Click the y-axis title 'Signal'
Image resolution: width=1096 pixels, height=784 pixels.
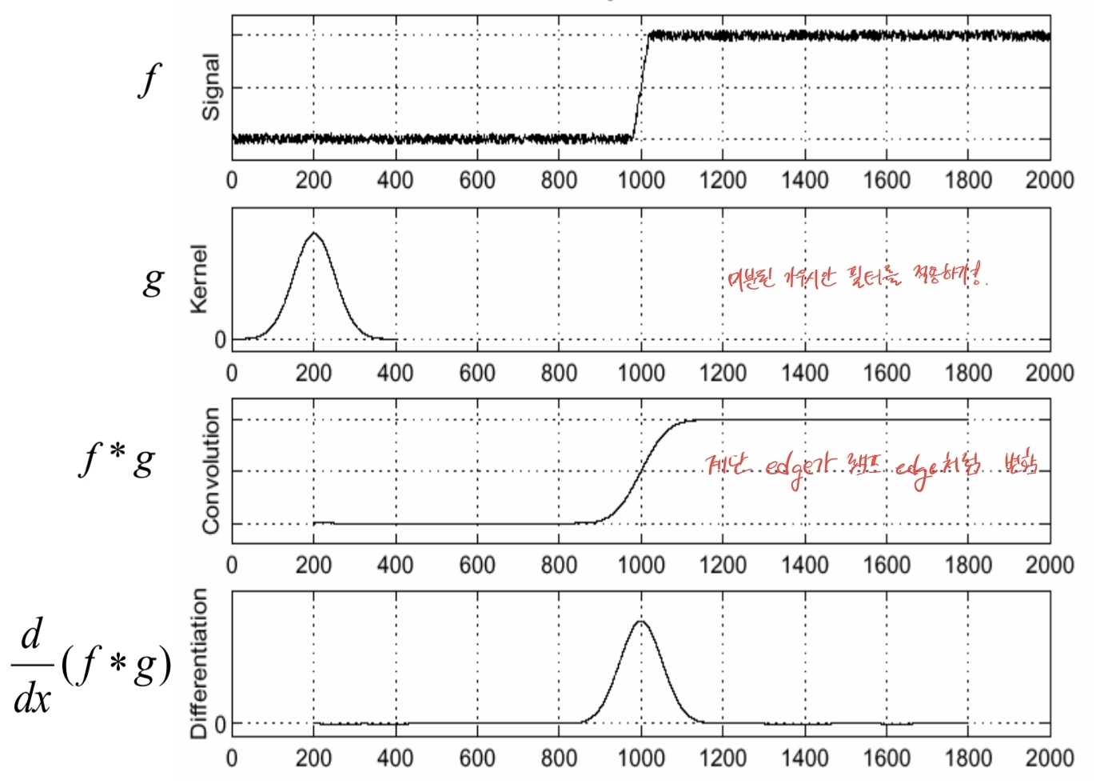(x=211, y=87)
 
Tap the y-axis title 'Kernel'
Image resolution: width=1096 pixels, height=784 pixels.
(x=199, y=278)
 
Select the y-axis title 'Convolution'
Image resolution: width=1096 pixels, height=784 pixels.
(x=211, y=470)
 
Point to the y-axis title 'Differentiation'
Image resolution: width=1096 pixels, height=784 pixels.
(x=199, y=663)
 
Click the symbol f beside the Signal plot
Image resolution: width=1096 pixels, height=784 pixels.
(x=149, y=80)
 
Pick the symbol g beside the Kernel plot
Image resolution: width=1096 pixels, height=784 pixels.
(x=153, y=280)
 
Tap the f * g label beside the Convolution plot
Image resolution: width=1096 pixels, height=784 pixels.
(x=118, y=460)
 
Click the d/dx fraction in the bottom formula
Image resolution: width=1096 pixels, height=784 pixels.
(x=32, y=666)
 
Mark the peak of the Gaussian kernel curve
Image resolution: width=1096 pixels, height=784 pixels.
(x=314, y=233)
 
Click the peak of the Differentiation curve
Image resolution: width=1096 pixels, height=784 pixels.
(x=640, y=621)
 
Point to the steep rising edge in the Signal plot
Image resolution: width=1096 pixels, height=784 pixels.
(x=640, y=88)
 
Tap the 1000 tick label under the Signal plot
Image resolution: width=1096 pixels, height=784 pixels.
(x=641, y=180)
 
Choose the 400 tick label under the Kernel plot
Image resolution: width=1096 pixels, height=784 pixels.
(x=395, y=373)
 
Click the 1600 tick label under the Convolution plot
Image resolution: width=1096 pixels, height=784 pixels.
(x=886, y=566)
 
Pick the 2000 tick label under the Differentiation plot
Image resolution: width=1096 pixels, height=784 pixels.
(x=1050, y=758)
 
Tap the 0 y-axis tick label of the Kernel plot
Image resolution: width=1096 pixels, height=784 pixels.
(x=221, y=340)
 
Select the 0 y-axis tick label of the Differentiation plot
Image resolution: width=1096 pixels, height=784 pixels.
(x=221, y=725)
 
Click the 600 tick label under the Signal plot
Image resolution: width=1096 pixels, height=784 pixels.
(x=477, y=180)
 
